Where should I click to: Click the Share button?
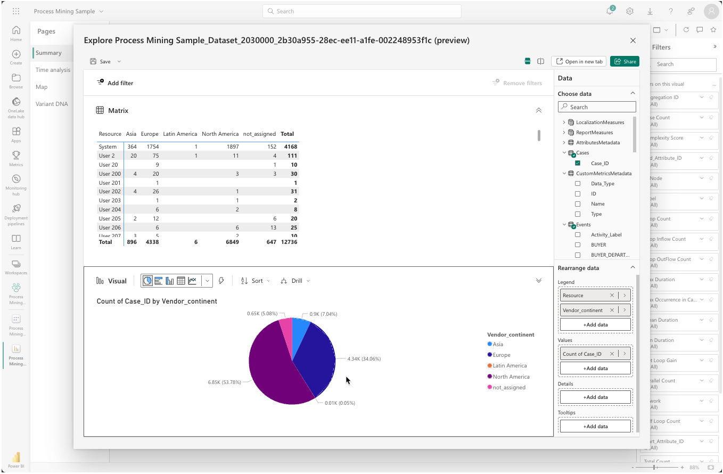[x=625, y=61]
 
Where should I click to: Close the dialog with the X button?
[x=632, y=40]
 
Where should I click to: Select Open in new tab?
[x=579, y=61]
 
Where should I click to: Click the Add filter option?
[x=115, y=83]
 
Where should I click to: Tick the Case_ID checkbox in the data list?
[x=578, y=164]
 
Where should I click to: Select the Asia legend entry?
[x=498, y=344]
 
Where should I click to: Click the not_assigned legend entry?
[x=508, y=387]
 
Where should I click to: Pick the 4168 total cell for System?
[x=290, y=146]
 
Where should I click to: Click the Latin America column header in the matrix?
[x=180, y=134]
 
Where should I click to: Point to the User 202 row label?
[x=110, y=192]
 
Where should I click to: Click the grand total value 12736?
[x=289, y=242]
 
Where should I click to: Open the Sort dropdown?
[x=256, y=281]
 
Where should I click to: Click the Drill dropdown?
[x=295, y=281]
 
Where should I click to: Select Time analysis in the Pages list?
[x=53, y=70]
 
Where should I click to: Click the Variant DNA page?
[x=52, y=104]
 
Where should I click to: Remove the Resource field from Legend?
[x=612, y=295]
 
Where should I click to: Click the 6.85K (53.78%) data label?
[x=224, y=382]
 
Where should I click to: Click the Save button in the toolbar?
[x=101, y=61]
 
